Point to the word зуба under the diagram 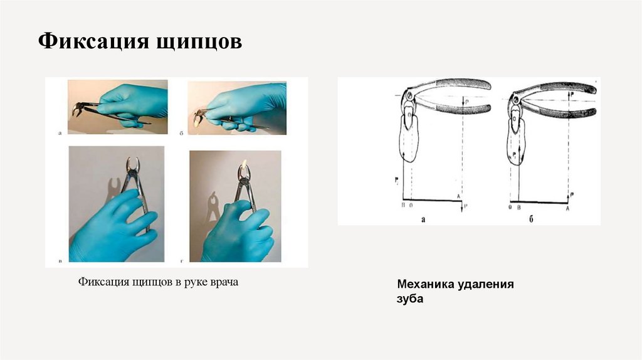click(410, 300)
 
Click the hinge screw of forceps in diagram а click(409, 96)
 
